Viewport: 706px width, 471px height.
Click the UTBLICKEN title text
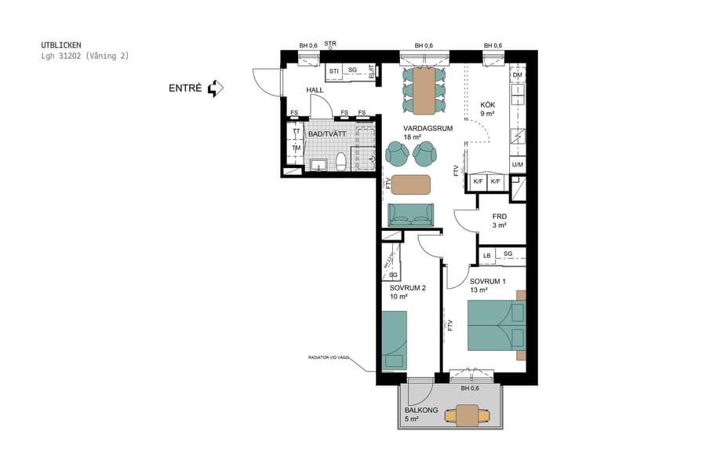60,46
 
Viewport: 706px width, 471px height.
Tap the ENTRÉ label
185,89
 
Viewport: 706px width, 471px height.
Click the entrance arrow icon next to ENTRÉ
216,89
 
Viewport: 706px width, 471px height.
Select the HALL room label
315,90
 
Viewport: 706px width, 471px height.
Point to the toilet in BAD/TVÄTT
340,162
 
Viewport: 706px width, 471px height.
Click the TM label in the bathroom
296,148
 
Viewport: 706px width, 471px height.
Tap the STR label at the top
330,44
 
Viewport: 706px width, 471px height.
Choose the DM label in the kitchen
517,75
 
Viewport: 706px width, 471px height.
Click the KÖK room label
487,104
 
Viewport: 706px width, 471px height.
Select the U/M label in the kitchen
517,165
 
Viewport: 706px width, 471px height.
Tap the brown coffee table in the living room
410,184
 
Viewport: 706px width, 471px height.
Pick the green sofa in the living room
410,214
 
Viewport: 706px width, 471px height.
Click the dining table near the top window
424,90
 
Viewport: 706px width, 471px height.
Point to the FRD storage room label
499,217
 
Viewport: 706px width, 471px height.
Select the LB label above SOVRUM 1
486,255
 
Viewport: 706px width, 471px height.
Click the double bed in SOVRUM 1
495,326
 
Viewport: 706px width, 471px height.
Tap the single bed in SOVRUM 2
394,339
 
